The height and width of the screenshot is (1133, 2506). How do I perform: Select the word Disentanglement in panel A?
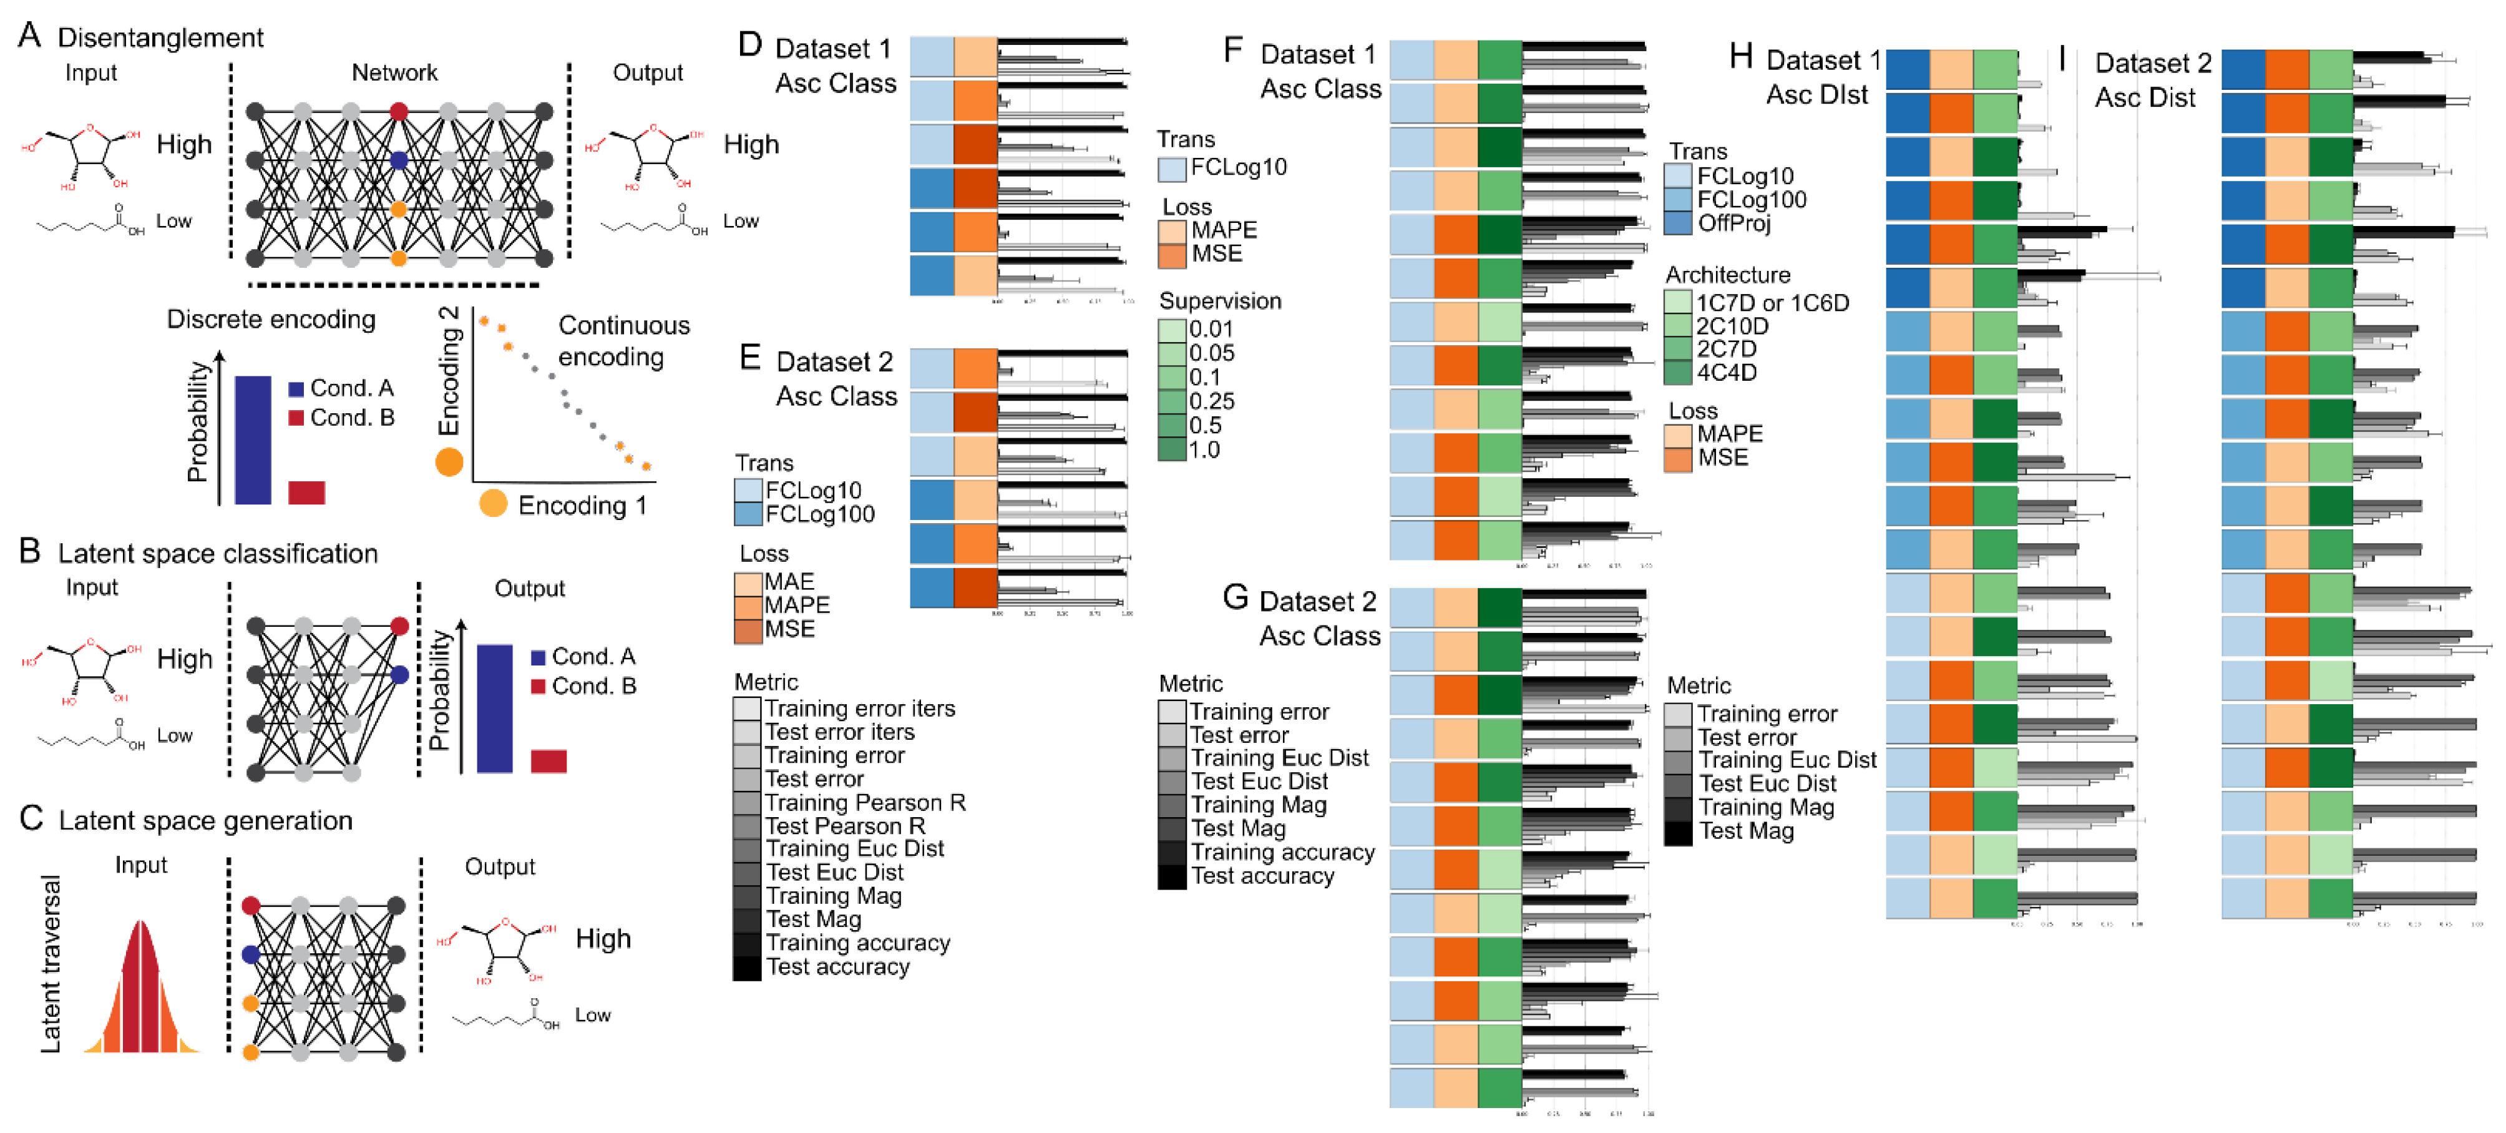pos(160,38)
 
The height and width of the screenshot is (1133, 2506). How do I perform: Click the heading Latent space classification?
pos(217,553)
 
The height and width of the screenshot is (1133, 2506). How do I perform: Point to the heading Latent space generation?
pos(205,820)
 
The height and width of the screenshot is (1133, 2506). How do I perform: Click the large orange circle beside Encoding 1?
pos(493,503)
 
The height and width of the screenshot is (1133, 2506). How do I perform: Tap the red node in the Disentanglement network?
pos(399,111)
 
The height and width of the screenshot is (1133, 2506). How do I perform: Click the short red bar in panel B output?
pos(548,760)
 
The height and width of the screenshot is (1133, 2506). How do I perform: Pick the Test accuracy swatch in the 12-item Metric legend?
pos(747,968)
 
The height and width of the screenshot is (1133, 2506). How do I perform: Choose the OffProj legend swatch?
pos(1678,223)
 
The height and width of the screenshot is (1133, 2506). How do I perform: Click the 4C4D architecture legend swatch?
pos(1678,373)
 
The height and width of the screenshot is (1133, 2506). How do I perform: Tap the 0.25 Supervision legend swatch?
pos(1173,401)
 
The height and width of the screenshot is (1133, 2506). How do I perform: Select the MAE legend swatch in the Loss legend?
pos(747,582)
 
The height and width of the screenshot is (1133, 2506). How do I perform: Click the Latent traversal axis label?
pos(51,964)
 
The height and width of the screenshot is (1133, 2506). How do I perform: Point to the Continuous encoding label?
pos(623,341)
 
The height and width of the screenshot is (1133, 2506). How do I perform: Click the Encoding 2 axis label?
pos(449,371)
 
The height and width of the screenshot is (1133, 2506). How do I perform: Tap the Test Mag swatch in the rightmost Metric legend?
pos(1678,832)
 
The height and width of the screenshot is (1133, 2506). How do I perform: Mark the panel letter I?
pos(2062,59)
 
